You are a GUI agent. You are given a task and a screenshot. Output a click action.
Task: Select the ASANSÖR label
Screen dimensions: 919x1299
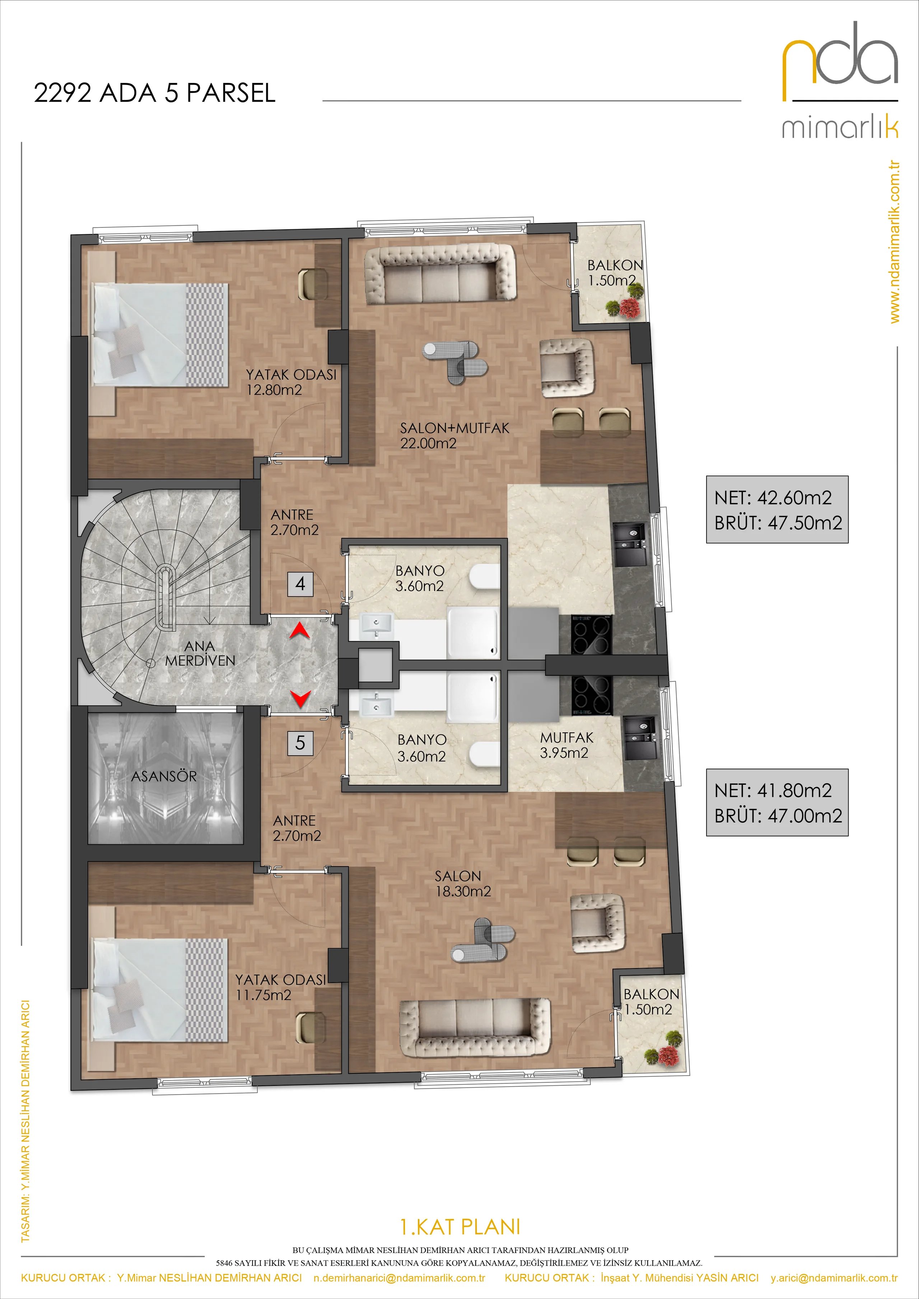(164, 776)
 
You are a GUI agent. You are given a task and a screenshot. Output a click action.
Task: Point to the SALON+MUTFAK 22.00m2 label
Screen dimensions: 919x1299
(454, 436)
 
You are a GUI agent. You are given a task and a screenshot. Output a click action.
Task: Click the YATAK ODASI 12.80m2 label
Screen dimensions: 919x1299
(291, 382)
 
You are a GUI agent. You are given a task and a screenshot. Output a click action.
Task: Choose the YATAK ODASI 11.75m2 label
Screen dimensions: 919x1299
(281, 987)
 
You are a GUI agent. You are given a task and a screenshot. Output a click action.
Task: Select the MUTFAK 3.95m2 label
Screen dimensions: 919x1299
(566, 745)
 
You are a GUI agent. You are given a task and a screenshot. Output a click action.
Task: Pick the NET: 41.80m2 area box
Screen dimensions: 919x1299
(777, 802)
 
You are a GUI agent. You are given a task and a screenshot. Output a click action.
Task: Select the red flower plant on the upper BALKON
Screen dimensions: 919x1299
(629, 307)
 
